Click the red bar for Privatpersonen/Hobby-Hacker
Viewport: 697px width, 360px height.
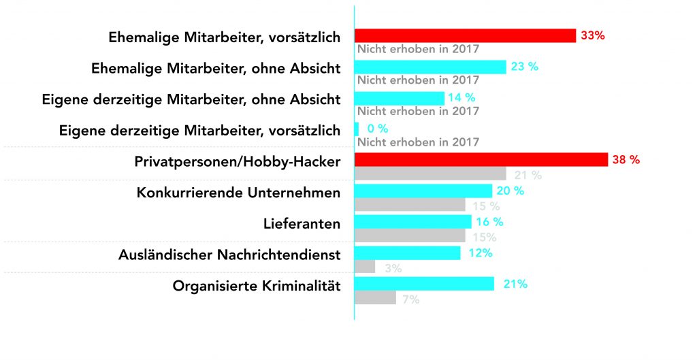481,160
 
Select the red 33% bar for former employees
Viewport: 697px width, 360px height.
465,35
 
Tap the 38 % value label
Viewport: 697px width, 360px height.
626,160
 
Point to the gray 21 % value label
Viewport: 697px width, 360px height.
528,176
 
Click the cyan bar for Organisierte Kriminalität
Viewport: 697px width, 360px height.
424,284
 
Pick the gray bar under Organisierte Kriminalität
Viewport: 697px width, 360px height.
375,298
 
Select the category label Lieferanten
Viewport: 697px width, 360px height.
302,224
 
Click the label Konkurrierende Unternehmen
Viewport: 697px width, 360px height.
238,193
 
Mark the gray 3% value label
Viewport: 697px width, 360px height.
393,269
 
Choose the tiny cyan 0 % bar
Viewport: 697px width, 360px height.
357,129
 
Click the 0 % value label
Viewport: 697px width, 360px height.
377,129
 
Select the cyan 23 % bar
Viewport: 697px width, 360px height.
430,67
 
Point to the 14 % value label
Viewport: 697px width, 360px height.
461,98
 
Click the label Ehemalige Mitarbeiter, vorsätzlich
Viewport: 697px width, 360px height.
224,37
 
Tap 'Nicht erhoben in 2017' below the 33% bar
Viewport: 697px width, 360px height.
418,49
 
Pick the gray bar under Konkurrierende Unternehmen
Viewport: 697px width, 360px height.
410,205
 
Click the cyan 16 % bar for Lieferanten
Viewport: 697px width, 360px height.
412,222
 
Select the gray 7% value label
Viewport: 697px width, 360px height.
410,299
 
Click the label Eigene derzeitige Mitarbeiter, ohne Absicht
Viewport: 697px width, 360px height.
191,99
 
